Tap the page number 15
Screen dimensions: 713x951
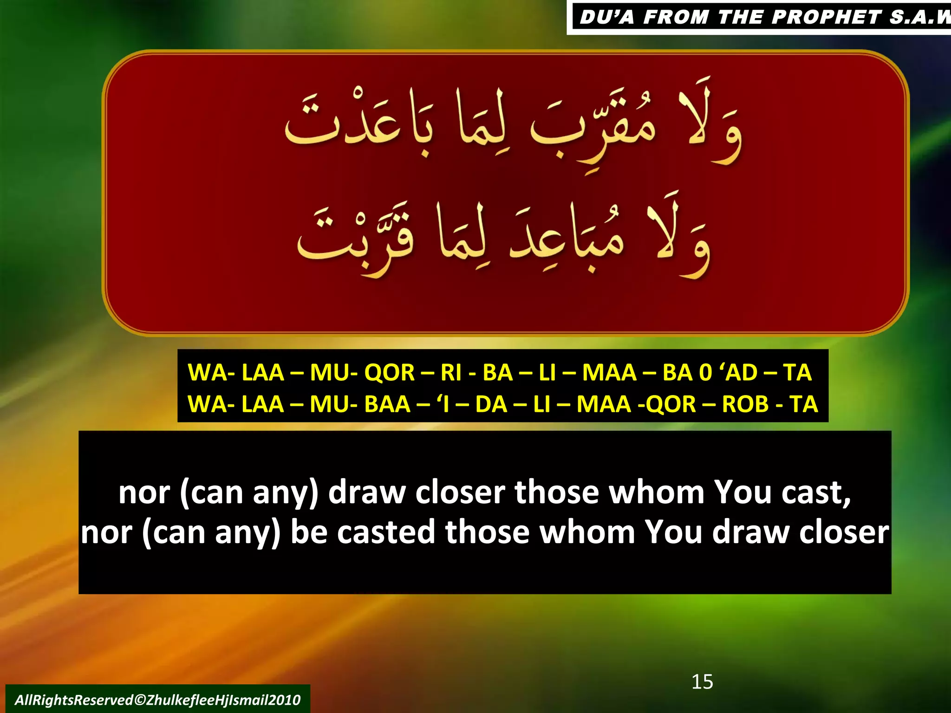click(702, 681)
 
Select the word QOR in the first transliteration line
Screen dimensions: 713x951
click(389, 372)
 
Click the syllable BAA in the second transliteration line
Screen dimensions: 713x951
click(387, 404)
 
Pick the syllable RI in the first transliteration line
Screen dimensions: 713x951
click(450, 372)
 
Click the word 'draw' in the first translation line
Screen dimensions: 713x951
click(367, 492)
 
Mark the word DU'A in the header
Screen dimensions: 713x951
click(606, 17)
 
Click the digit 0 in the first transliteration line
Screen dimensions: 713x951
click(705, 372)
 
